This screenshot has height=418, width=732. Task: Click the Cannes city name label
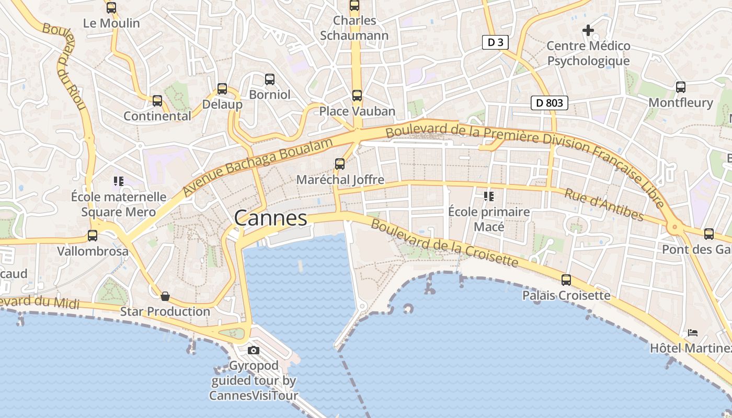(270, 218)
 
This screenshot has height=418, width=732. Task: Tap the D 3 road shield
(495, 42)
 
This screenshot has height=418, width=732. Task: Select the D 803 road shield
(550, 103)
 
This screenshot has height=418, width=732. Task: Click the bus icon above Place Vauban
(357, 95)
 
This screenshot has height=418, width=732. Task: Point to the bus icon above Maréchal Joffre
(340, 164)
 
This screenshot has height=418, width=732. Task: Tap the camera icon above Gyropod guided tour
(254, 350)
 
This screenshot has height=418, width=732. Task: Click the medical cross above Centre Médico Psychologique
(588, 30)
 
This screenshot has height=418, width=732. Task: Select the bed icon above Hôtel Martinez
(693, 332)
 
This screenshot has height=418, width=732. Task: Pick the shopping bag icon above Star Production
(165, 296)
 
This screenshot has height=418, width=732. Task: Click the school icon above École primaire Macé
(489, 196)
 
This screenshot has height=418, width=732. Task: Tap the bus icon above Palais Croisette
(566, 280)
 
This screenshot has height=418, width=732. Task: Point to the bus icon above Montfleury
(680, 87)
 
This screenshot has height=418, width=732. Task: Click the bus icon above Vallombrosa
(93, 235)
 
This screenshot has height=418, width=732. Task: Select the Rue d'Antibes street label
(604, 204)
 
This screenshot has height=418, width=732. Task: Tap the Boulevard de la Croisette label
(444, 243)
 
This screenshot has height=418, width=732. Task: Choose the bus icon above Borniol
(270, 79)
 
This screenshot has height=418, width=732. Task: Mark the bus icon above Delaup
(222, 89)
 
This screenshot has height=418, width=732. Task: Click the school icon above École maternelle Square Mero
(119, 181)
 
